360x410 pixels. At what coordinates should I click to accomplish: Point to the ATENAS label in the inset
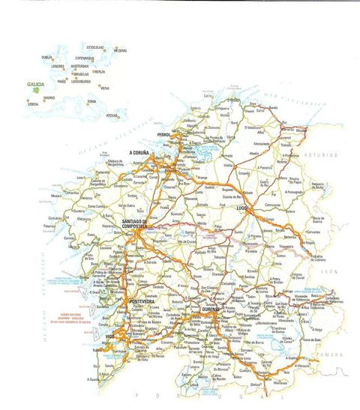click(x=112, y=115)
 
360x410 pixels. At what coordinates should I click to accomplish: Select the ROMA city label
click(x=91, y=102)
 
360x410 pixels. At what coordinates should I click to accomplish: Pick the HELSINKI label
click(x=121, y=50)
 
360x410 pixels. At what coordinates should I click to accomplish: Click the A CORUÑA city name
click(x=140, y=152)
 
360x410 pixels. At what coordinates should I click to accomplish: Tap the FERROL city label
click(x=164, y=135)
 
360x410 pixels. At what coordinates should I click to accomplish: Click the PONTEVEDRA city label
click(x=142, y=301)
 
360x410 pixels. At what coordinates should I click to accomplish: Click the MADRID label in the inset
click(x=49, y=97)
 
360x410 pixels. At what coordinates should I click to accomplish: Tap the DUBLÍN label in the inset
click(x=47, y=57)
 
